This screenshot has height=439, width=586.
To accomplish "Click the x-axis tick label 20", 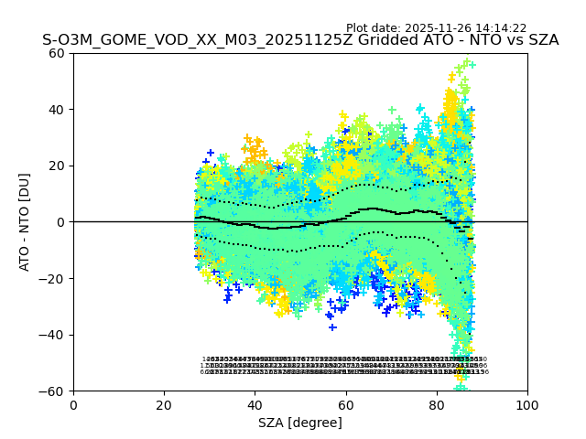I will [x=164, y=405].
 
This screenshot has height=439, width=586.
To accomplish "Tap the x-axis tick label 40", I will [x=255, y=405].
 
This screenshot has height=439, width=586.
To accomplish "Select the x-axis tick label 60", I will [x=345, y=405].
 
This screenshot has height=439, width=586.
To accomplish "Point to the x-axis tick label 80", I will [x=436, y=405].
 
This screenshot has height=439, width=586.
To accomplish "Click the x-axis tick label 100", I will [x=527, y=405].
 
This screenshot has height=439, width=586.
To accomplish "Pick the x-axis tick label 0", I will [x=73, y=405].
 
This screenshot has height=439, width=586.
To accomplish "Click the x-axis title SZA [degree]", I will [x=300, y=423].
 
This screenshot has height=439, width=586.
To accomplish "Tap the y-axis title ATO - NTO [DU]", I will [x=26, y=222].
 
